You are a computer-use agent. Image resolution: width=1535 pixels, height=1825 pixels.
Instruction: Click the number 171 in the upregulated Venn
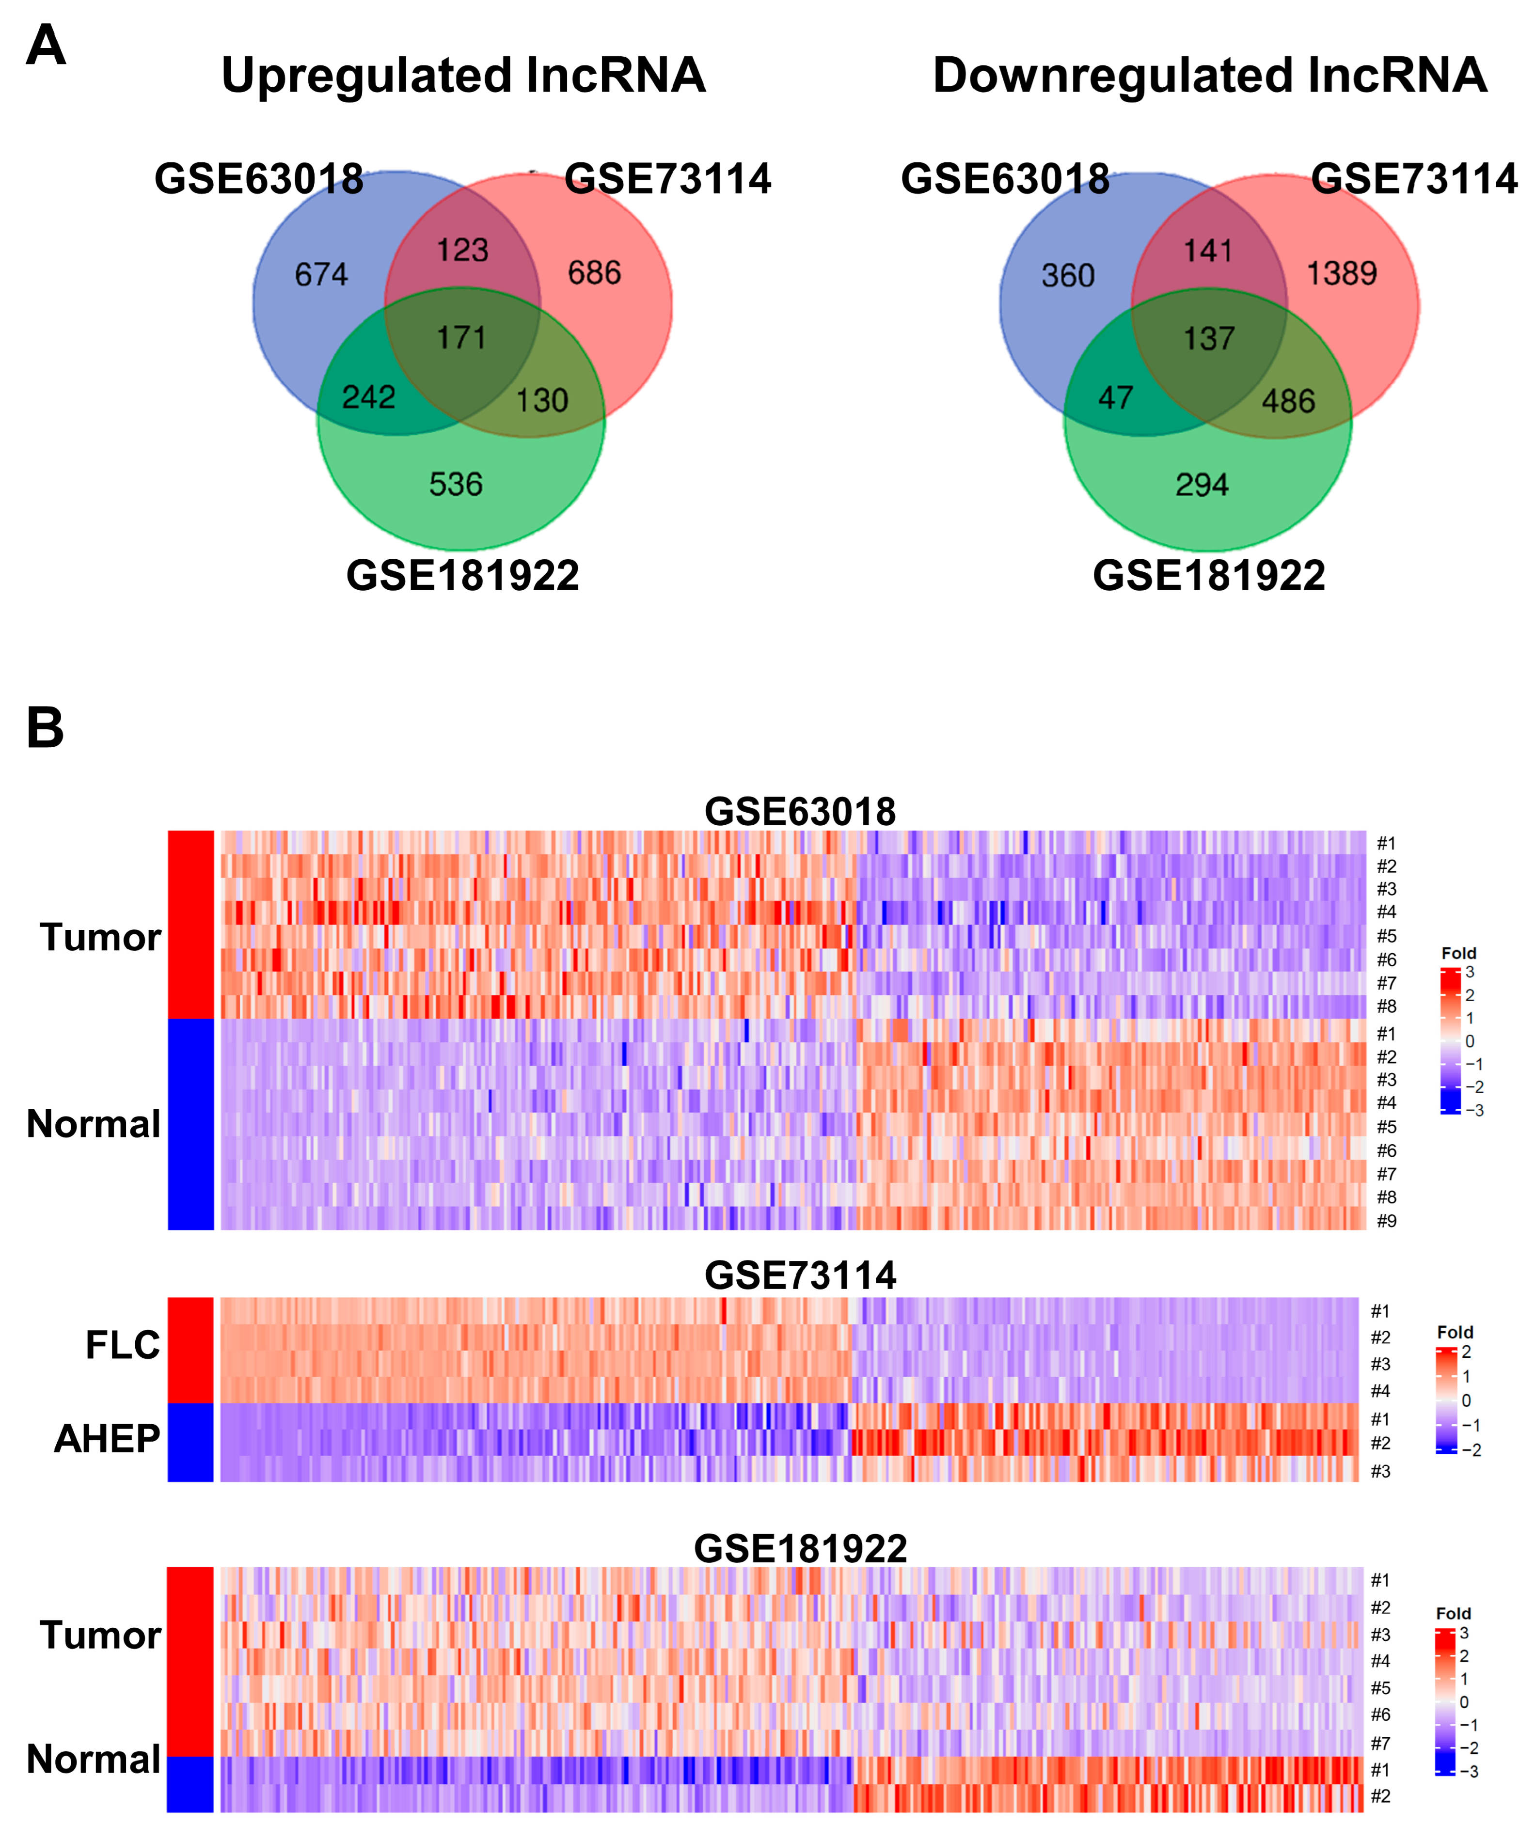tap(461, 337)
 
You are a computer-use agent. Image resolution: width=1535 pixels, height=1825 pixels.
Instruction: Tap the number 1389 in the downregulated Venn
tap(1342, 274)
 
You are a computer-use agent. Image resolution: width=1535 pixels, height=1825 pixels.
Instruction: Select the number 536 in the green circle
tap(455, 485)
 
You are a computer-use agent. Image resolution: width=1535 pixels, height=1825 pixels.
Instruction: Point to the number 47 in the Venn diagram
tap(1116, 398)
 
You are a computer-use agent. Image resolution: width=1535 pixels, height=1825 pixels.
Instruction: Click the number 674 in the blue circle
tap(321, 275)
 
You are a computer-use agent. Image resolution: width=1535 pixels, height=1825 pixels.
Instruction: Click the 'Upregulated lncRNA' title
tap(463, 76)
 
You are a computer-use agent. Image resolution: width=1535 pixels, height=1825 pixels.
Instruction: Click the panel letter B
tap(45, 727)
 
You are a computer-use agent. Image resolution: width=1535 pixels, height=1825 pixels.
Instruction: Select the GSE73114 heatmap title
tap(800, 1275)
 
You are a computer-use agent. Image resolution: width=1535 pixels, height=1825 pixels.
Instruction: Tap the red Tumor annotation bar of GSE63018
tap(190, 924)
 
